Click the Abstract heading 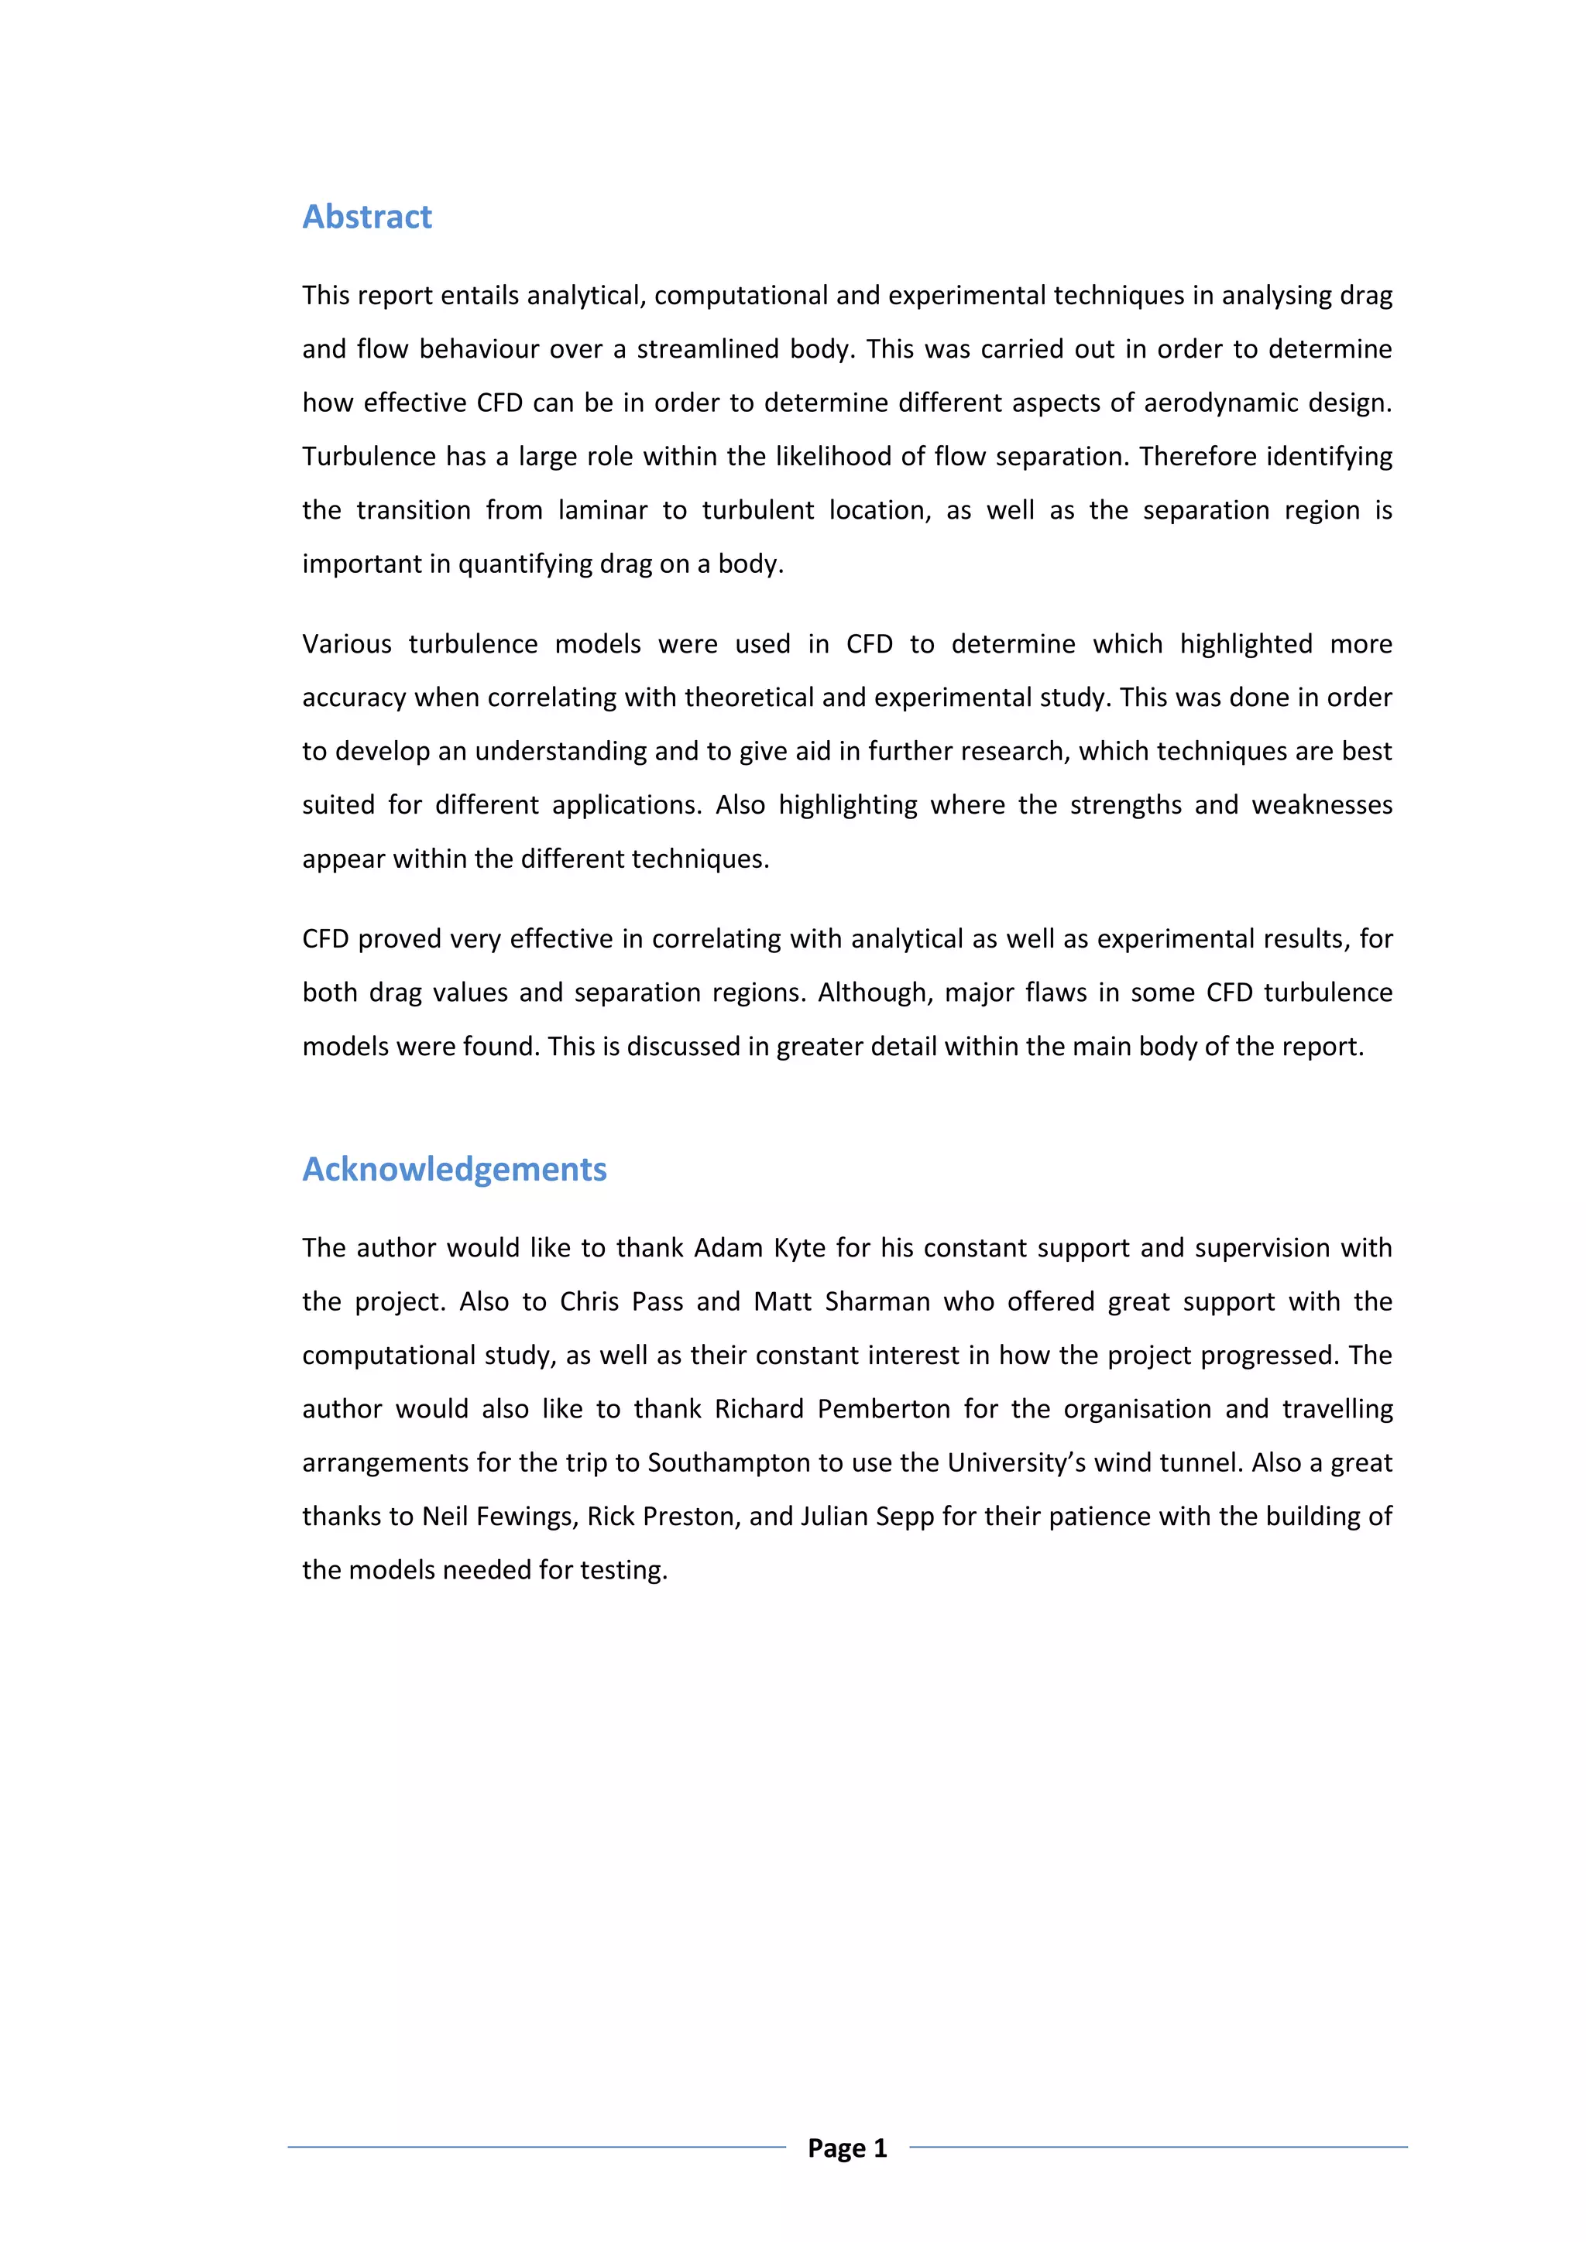tap(366, 217)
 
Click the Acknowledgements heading tap(454, 1169)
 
